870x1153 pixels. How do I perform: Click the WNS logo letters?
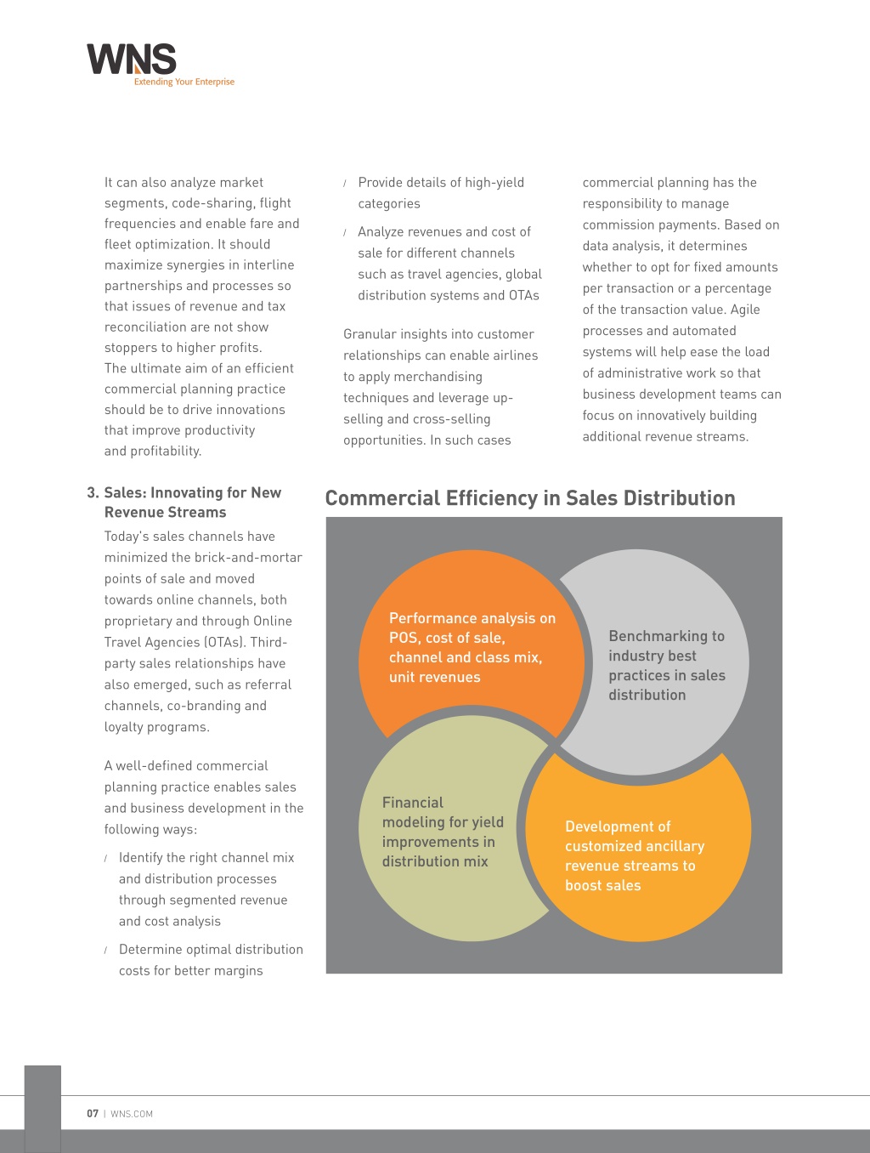(131, 59)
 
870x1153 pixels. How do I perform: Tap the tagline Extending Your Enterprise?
(184, 82)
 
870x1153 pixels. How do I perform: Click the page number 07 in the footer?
(93, 1113)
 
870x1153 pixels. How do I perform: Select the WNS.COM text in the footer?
(131, 1114)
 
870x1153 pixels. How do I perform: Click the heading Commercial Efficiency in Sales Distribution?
(530, 498)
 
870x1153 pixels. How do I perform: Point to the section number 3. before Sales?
(93, 492)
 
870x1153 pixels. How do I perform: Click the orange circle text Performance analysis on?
(472, 618)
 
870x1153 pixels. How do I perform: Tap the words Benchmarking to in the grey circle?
(666, 636)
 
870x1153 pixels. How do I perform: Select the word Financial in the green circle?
(412, 803)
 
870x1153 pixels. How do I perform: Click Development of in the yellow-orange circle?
(618, 826)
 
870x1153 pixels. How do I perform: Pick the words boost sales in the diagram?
(603, 886)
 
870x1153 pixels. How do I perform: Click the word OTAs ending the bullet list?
(523, 295)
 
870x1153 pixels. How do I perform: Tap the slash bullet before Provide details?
(345, 184)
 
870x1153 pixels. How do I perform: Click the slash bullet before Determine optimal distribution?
(105, 950)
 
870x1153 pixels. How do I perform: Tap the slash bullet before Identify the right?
(105, 858)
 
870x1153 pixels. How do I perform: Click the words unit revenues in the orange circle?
(434, 677)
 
